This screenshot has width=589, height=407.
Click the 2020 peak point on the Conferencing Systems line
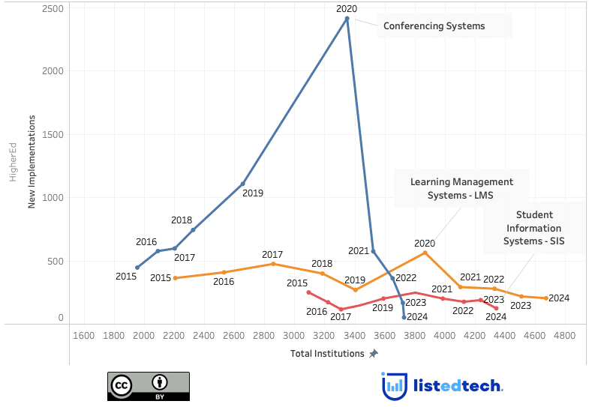(347, 18)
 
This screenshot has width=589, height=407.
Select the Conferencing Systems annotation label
(434, 26)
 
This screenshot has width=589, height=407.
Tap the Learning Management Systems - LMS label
(461, 188)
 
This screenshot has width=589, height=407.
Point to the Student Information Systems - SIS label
(533, 228)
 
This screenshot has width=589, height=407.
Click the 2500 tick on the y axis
(52, 7)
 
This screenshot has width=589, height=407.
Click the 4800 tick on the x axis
(564, 335)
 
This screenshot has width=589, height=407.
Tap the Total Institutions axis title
(327, 353)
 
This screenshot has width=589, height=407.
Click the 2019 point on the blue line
(243, 184)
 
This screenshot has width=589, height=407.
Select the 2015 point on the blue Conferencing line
(137, 268)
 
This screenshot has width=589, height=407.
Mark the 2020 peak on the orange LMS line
(425, 253)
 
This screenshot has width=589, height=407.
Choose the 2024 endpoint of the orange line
(546, 298)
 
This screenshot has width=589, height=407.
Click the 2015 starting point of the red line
(308, 292)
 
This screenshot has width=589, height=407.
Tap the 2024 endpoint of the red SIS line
(496, 308)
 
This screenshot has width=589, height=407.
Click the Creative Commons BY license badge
(149, 385)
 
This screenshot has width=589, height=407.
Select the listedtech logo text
(458, 385)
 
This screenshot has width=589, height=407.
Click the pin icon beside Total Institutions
(374, 353)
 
